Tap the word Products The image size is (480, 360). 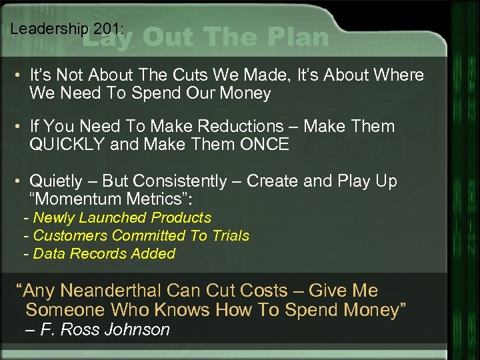pyautogui.click(x=181, y=217)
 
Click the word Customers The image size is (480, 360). pyautogui.click(x=71, y=235)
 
